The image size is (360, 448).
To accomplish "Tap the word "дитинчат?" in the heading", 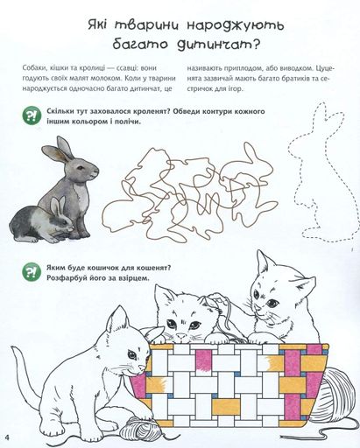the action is click(x=219, y=45).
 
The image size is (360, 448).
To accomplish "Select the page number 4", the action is click(x=6, y=438).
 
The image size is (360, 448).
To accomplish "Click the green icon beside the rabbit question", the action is click(x=32, y=116).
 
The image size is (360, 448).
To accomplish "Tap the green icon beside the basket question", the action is click(x=32, y=272).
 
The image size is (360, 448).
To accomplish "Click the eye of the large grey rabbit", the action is click(x=80, y=168).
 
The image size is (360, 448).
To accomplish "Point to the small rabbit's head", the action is click(x=62, y=218).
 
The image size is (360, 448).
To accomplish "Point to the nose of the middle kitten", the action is click(x=181, y=336).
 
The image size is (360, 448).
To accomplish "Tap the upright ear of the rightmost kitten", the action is click(x=263, y=262).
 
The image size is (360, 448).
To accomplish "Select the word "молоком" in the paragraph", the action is click(x=109, y=79).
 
